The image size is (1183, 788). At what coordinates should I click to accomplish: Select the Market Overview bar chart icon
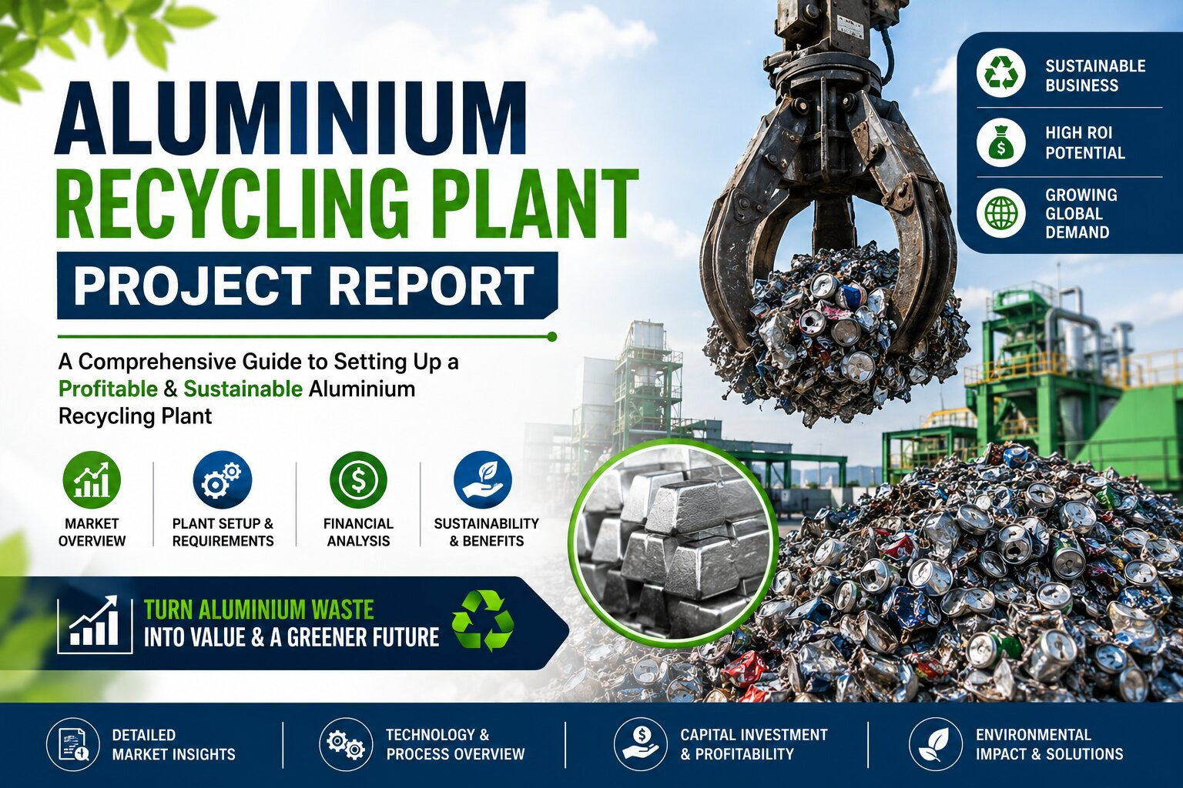coord(92,481)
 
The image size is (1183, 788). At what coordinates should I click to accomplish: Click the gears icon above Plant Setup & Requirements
coord(223,479)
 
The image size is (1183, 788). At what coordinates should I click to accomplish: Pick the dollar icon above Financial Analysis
coord(359,481)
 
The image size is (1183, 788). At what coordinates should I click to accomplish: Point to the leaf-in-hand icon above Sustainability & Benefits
coord(483,479)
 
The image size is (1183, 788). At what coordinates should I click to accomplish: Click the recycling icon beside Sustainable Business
coord(1000,75)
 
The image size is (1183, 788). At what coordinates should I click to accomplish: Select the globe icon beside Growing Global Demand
coord(1000,214)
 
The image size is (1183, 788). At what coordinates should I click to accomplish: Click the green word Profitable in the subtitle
coord(108,389)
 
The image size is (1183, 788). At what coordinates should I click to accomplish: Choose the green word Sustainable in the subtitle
coord(243,389)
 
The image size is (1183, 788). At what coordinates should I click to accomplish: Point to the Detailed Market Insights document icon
coord(73,745)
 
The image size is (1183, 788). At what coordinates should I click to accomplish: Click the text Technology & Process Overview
coord(455,744)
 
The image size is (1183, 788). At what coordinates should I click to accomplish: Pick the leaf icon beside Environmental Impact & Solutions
coord(935,745)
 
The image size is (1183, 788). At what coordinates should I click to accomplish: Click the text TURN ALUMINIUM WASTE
coord(259,609)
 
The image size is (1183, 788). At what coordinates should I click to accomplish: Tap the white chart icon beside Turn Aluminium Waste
coord(95,624)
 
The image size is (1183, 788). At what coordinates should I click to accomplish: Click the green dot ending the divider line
coord(552,336)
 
